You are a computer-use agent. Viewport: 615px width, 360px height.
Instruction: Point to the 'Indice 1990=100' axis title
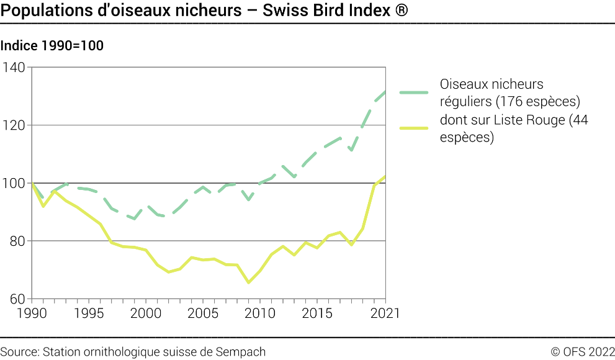tap(52, 46)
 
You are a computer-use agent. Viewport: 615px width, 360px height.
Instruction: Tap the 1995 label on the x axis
tap(89, 313)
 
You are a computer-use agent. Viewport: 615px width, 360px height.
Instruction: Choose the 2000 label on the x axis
tap(146, 313)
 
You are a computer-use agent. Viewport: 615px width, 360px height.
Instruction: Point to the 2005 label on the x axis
tap(203, 313)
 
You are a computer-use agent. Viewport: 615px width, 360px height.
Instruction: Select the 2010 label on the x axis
tap(261, 313)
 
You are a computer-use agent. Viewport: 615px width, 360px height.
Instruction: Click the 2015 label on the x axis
tap(318, 313)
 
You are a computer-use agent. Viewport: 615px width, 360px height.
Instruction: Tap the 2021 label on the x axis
tap(385, 313)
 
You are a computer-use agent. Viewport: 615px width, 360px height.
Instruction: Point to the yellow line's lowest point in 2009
tap(249, 282)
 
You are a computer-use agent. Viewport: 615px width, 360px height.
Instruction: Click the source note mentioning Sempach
tap(133, 352)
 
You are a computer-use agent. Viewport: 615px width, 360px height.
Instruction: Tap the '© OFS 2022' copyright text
tap(582, 352)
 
